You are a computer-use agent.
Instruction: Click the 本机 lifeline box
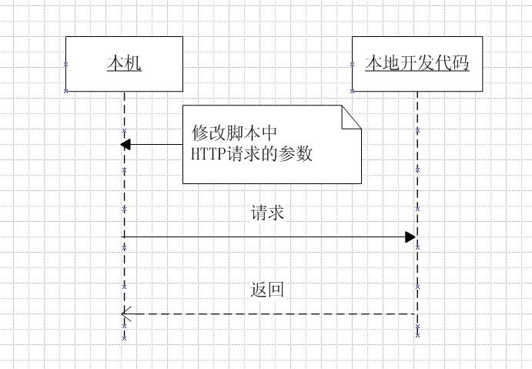pos(124,77)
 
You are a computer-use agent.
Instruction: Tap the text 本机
pos(124,63)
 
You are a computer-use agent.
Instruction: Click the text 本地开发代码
pos(417,63)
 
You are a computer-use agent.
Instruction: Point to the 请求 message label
pos(267,213)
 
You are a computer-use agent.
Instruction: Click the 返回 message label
pos(267,290)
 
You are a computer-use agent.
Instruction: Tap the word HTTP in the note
pos(206,153)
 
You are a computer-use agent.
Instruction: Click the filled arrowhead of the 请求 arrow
pos(411,237)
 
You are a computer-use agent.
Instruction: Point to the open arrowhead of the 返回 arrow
pos(127,314)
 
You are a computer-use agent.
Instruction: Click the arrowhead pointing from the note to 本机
pos(126,144)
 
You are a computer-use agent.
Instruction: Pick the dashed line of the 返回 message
pos(269,314)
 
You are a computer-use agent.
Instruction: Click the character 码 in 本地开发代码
pos(460,63)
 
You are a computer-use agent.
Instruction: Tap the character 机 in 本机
pos(133,63)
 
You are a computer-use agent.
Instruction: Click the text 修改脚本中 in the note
pos(233,132)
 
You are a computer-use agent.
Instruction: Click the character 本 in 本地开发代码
pos(374,63)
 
